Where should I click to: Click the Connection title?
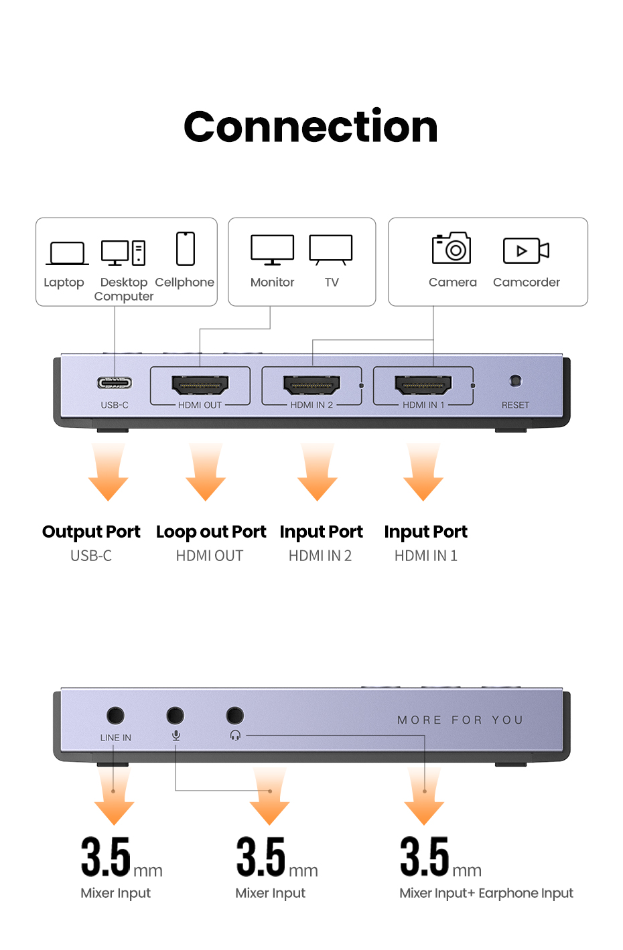tap(311, 127)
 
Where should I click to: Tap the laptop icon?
tap(67, 254)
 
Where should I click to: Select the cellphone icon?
tap(186, 249)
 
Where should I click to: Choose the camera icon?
tap(452, 249)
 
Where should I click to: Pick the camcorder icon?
tap(526, 250)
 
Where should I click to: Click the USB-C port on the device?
tap(115, 383)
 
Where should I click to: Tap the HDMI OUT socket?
tap(200, 385)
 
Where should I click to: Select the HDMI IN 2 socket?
tap(311, 385)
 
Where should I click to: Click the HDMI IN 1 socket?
tap(423, 385)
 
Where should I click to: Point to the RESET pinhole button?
tap(515, 381)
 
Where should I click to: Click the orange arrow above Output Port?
tap(108, 472)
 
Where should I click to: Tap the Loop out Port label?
tap(211, 532)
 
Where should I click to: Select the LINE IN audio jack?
tap(115, 715)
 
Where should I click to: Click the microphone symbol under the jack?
tap(176, 735)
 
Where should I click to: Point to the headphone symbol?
tap(235, 735)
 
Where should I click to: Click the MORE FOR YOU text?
tap(460, 720)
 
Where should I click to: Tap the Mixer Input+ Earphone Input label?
tap(486, 893)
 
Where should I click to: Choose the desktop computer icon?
tap(123, 253)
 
